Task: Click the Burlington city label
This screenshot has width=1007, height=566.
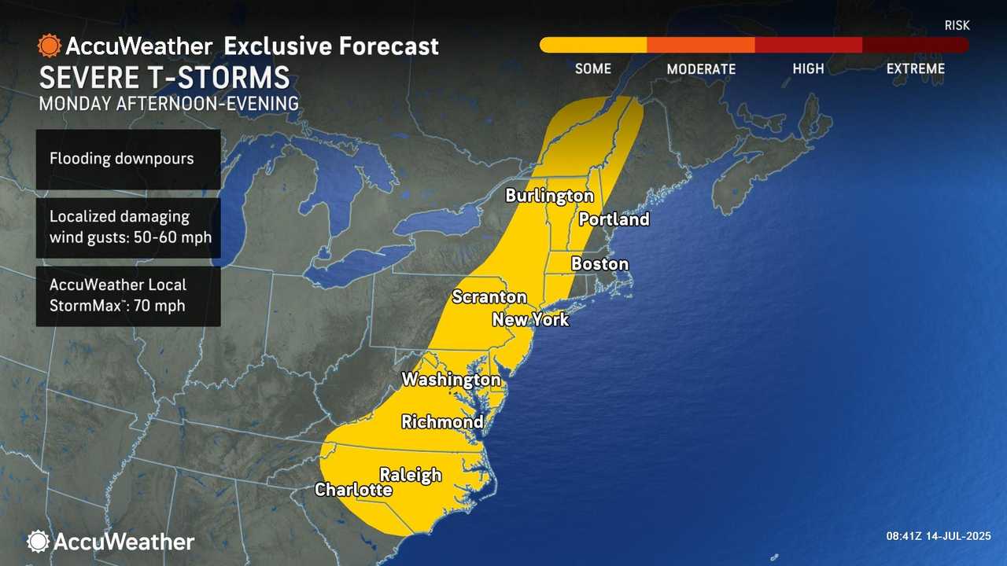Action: click(549, 195)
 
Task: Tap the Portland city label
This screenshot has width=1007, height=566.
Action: click(614, 219)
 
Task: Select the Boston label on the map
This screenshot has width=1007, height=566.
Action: click(599, 264)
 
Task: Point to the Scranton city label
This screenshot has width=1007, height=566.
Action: click(489, 296)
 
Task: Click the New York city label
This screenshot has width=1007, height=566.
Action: click(529, 320)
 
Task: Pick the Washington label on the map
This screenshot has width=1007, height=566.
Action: click(451, 380)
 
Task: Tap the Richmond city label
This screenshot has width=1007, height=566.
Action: click(442, 422)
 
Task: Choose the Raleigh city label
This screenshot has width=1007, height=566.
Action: click(411, 474)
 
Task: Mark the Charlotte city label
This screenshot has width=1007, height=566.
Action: click(353, 490)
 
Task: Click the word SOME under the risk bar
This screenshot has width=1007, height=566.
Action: click(592, 68)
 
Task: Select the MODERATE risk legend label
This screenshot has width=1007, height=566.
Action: click(701, 69)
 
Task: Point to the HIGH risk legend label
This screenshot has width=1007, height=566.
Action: click(808, 68)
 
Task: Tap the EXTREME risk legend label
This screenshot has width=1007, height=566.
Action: click(915, 68)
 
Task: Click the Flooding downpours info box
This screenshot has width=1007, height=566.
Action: click(127, 159)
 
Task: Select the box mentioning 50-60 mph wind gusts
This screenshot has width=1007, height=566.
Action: click(127, 227)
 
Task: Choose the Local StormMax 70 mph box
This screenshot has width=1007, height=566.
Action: click(127, 296)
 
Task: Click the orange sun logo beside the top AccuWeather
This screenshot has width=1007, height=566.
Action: click(49, 46)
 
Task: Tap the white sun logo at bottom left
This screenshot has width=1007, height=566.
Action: click(38, 541)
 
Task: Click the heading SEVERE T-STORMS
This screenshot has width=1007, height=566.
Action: click(164, 78)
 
